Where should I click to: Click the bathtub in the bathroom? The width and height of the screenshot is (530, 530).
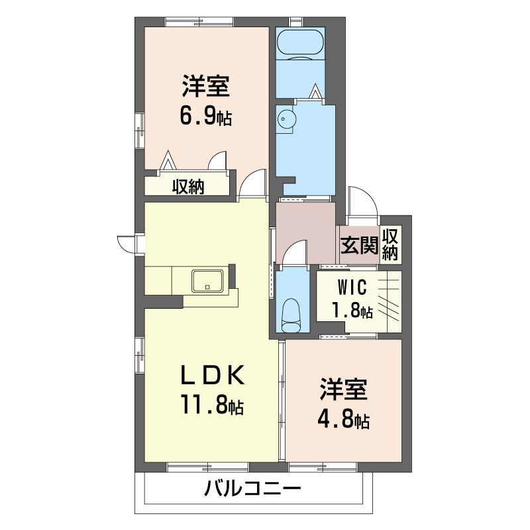pyautogui.click(x=300, y=44)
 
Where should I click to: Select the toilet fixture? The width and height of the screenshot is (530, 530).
pyautogui.click(x=292, y=315)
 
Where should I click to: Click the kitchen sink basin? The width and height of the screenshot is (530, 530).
pyautogui.click(x=207, y=280)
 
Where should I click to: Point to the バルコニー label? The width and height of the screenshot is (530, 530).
pyautogui.click(x=252, y=488)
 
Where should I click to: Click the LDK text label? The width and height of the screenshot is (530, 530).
pyautogui.click(x=212, y=376)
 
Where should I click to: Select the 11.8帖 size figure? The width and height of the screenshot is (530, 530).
pyautogui.click(x=212, y=404)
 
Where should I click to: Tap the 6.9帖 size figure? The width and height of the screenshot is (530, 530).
pyautogui.click(x=205, y=117)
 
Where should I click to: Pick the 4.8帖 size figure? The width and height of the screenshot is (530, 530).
pyautogui.click(x=343, y=419)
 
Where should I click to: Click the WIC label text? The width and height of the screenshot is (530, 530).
pyautogui.click(x=352, y=288)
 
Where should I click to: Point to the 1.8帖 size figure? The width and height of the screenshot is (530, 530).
pyautogui.click(x=352, y=310)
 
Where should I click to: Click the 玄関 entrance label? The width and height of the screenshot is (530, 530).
pyautogui.click(x=359, y=245)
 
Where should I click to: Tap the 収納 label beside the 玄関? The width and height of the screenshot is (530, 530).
pyautogui.click(x=390, y=244)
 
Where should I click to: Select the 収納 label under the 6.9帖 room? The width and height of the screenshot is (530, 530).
pyautogui.click(x=188, y=186)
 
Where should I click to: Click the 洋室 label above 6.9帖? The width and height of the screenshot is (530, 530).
pyautogui.click(x=206, y=87)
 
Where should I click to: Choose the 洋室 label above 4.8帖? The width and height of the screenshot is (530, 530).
pyautogui.click(x=343, y=390)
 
